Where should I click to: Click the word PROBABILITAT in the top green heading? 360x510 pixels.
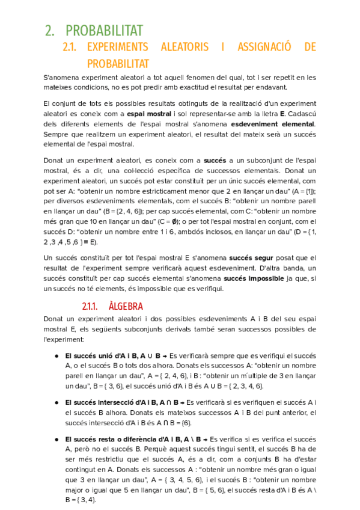click(x=103, y=30)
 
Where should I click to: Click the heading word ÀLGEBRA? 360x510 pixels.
click(x=126, y=306)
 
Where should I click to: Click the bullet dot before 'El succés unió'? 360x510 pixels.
click(x=56, y=355)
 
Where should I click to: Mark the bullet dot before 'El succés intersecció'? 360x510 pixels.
click(x=56, y=402)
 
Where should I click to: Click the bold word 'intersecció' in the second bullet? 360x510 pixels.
click(x=111, y=402)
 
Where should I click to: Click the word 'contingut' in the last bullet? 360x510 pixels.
click(x=81, y=479)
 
